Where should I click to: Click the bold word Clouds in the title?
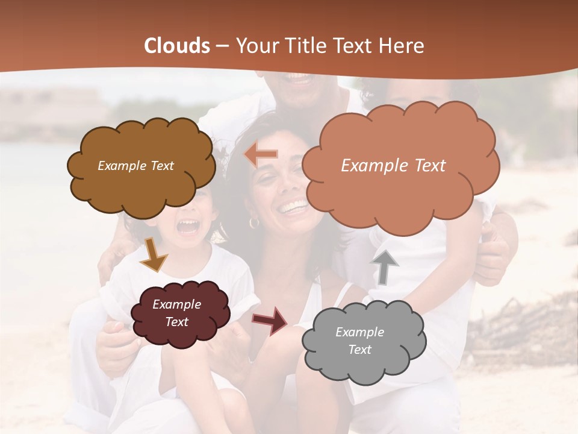click(177, 46)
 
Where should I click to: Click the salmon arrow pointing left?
click(261, 155)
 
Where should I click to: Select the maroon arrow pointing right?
click(270, 320)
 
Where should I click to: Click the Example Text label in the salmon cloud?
click(393, 166)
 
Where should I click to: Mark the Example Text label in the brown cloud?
click(135, 166)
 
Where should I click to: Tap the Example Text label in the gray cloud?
click(359, 341)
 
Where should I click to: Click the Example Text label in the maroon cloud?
click(176, 313)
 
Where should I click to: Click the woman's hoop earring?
click(254, 222)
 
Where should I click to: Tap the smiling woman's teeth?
click(294, 209)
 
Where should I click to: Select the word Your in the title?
click(257, 46)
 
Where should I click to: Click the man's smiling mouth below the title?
click(299, 79)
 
